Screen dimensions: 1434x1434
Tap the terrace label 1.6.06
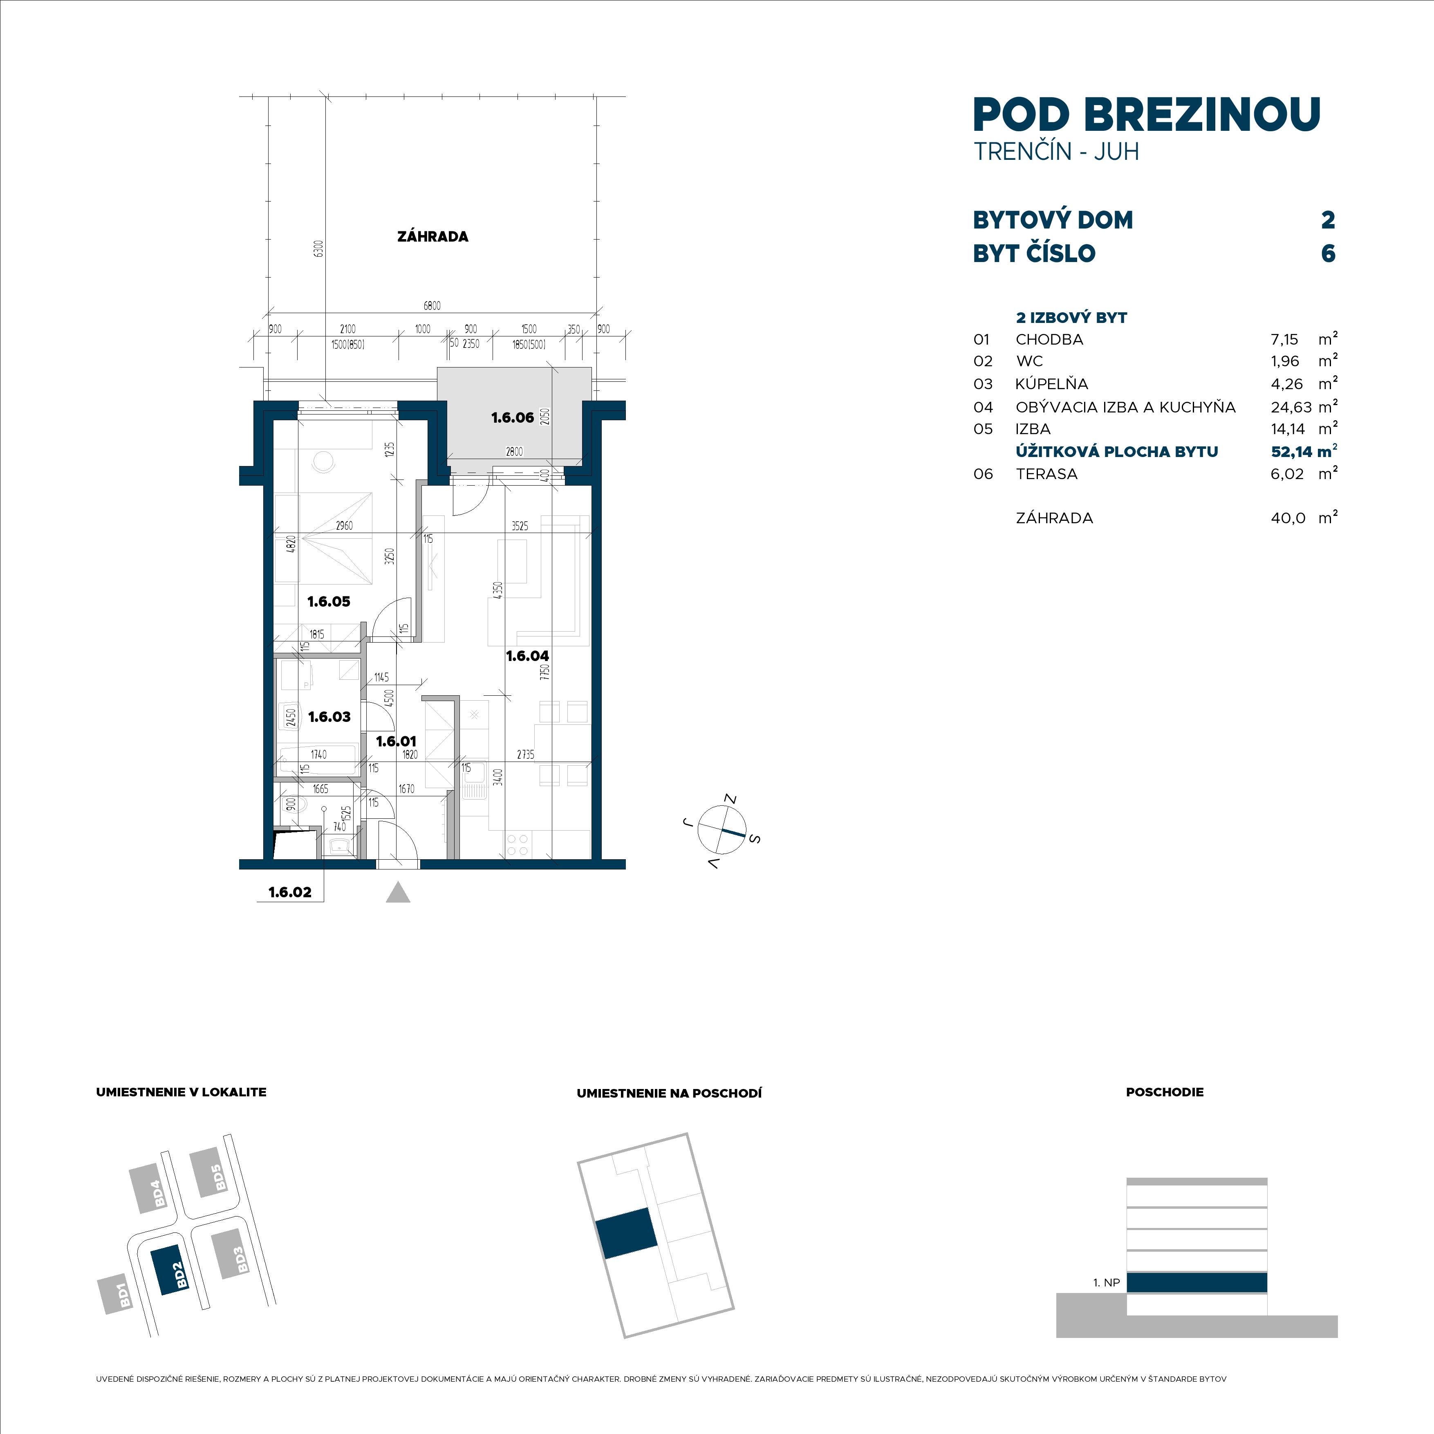(512, 418)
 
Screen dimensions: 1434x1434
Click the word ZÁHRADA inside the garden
(433, 237)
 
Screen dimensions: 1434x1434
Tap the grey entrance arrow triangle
(399, 892)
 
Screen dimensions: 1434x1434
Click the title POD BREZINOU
(1147, 114)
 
